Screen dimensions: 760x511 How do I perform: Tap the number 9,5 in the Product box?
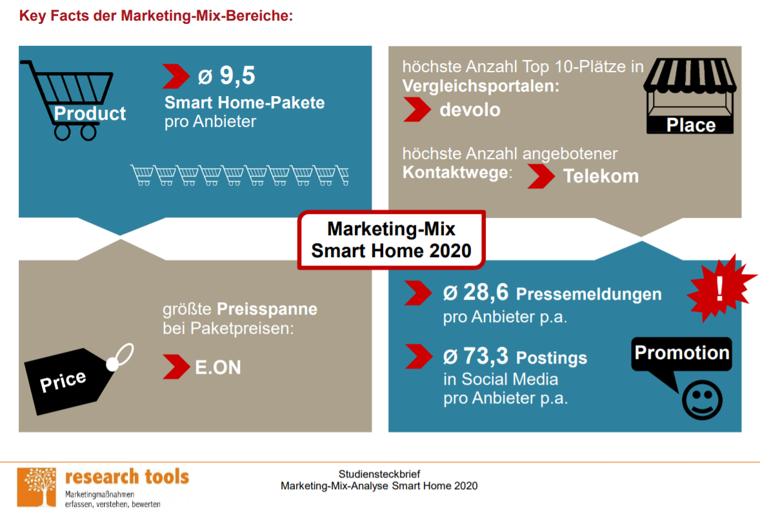237,75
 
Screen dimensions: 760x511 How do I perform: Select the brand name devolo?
470,110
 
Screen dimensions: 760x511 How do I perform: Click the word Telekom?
601,176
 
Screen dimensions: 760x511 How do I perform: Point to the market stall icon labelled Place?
690,96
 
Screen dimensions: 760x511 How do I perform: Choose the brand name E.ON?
217,367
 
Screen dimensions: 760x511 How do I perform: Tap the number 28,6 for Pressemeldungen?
485,293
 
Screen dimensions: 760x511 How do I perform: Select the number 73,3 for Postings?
485,356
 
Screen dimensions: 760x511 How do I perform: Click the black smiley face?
702,400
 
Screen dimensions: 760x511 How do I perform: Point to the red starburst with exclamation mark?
721,289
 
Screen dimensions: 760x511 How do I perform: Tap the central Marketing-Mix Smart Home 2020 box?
391,240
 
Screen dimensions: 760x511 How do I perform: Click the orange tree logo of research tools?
36,487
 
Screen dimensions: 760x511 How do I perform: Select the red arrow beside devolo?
417,110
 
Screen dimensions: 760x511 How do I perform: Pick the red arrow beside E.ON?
176,367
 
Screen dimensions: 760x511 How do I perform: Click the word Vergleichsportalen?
480,86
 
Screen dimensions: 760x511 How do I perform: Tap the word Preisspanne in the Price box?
266,309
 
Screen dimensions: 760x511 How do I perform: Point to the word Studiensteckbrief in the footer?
379,474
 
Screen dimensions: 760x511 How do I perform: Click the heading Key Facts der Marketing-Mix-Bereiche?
156,15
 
